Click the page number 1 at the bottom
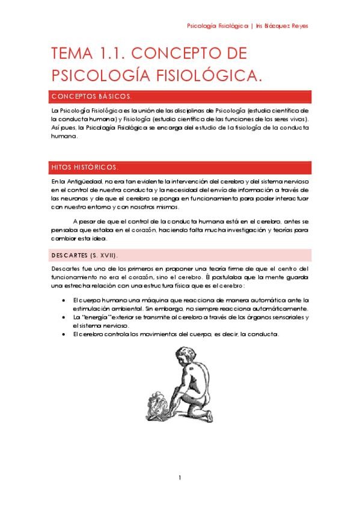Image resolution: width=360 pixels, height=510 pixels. (180, 478)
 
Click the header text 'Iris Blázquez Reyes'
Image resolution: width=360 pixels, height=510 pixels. (283, 26)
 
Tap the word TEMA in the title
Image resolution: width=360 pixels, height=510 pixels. (69, 54)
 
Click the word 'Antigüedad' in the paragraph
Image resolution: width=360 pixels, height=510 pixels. (84, 182)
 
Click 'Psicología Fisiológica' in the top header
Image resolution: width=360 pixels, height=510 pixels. (218, 26)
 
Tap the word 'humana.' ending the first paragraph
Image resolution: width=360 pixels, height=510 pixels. (64, 137)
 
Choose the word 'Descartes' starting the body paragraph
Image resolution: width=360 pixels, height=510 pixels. (64, 268)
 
